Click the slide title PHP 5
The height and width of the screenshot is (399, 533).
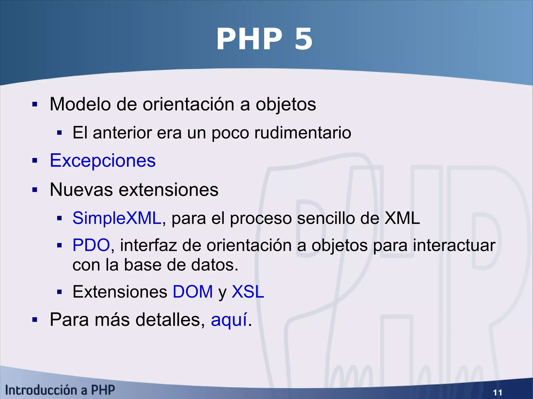point(264,40)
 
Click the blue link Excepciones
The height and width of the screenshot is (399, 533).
point(103,160)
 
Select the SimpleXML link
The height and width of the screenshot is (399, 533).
point(117,218)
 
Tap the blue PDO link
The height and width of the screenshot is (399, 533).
point(91,245)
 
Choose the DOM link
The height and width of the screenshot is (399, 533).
point(193,292)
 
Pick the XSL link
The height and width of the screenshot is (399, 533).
point(248,292)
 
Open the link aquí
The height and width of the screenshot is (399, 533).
point(229,319)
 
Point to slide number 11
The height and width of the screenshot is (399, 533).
point(497,392)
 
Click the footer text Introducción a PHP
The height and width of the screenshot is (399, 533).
point(60,390)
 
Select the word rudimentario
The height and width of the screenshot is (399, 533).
point(303,133)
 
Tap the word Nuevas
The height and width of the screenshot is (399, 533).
point(81,189)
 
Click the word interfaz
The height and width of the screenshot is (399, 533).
point(148,245)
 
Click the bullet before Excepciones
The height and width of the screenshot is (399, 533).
point(35,161)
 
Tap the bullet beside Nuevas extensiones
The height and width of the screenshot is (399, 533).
point(35,190)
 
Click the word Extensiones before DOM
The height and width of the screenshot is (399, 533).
point(120,292)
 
